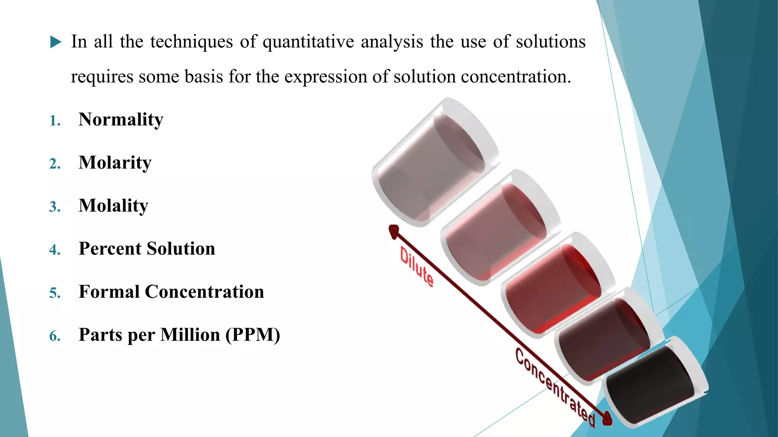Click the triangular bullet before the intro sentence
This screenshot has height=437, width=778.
point(55,42)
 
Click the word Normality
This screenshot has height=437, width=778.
point(121,120)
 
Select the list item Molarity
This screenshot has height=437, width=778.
point(115,163)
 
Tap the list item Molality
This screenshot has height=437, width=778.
point(113,206)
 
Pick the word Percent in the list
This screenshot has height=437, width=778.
point(110,249)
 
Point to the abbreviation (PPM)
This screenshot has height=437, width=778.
point(253,335)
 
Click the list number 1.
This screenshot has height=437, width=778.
point(55,121)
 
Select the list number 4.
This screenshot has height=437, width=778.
point(55,250)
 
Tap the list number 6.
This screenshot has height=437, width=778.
point(55,336)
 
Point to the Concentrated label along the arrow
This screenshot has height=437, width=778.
point(555,387)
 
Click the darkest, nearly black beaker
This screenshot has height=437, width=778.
point(651,383)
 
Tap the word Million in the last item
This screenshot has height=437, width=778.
point(190,335)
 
